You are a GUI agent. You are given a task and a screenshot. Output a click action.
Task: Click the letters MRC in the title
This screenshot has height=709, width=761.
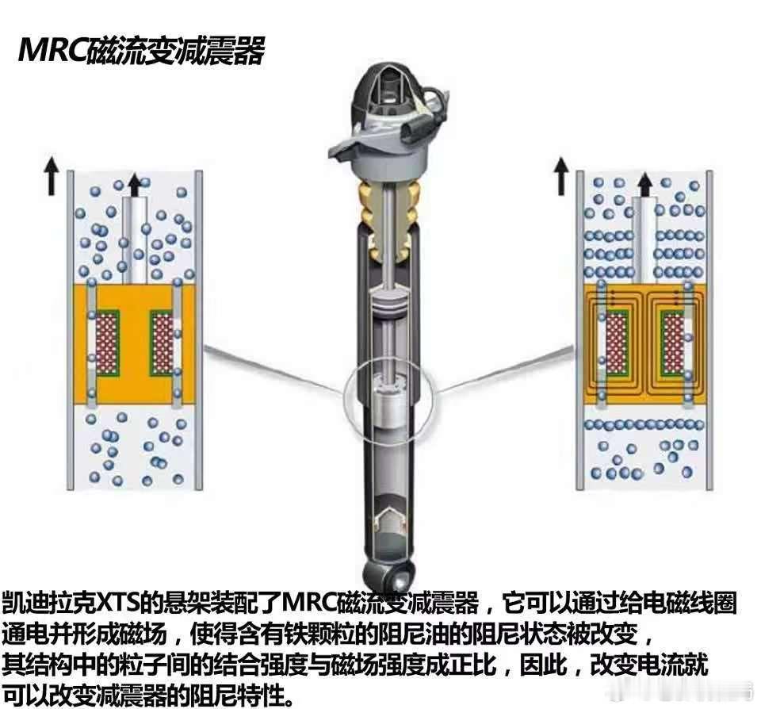coord(52,50)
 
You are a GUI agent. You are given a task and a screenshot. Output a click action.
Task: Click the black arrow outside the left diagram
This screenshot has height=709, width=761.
coord(51,178)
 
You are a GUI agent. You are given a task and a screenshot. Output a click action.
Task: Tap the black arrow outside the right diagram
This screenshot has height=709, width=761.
coord(561,177)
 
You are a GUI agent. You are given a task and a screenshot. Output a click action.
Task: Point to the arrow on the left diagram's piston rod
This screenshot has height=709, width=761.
coord(135,186)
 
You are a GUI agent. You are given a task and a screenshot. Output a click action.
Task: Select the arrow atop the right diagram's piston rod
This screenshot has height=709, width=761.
coord(644,186)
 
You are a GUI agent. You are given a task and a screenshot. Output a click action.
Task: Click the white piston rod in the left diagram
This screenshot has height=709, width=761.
coord(135,240)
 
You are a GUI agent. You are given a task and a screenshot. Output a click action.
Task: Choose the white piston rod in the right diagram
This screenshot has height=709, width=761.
coord(645,240)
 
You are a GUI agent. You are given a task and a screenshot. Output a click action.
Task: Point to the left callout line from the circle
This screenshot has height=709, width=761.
coord(275,370)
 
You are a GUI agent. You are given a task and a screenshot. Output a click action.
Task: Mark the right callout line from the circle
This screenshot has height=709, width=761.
coord(505,368)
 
